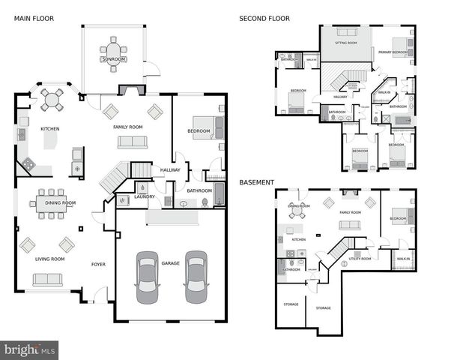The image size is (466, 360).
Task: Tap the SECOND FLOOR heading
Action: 264,18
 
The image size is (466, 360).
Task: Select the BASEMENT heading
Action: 256,182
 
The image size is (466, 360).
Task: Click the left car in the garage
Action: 147,275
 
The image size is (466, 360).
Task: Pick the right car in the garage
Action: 196,275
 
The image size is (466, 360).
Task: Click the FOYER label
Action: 98,264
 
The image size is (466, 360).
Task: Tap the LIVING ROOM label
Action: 50,259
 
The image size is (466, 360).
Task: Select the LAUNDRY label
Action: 145,196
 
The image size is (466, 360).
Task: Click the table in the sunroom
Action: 114,53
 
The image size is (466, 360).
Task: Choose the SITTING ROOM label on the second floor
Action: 345,43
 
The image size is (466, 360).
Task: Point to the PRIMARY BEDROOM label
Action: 393,52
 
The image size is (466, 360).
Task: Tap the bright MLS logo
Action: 29,349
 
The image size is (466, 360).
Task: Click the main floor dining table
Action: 52,203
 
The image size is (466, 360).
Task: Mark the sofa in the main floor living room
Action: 47,279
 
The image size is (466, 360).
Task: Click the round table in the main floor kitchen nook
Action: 53,98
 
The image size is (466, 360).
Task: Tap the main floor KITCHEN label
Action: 50,128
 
